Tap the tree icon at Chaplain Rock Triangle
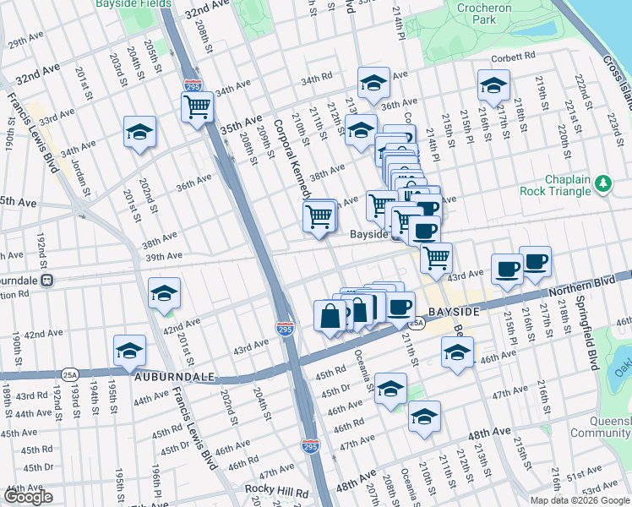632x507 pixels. [602, 183]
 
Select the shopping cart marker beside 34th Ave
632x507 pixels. [197, 107]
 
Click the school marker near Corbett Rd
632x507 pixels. [493, 84]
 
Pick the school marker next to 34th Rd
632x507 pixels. [373, 83]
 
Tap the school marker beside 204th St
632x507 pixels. [139, 132]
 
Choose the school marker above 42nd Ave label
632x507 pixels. [164, 293]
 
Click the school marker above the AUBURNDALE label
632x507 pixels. [129, 350]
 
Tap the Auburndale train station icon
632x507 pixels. [48, 280]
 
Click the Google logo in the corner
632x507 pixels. [28, 497]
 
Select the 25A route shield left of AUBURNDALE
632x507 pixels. [68, 373]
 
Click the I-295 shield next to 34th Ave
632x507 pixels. [191, 86]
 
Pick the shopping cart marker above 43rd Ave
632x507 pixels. [436, 257]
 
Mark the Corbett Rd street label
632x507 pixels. [515, 57]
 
